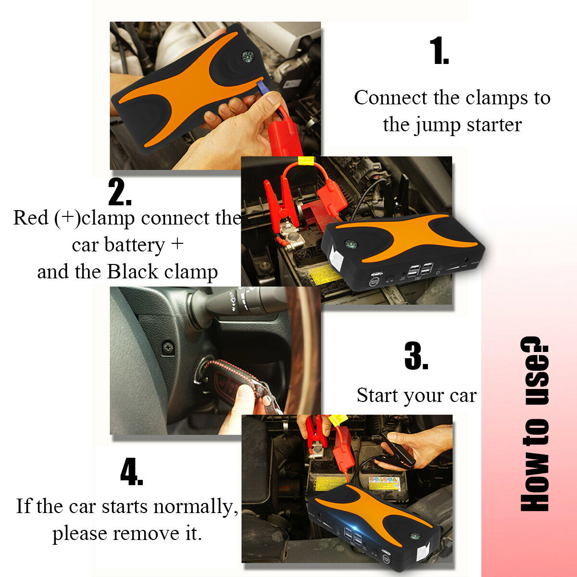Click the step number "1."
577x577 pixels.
point(439,52)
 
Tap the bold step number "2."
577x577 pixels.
point(120,192)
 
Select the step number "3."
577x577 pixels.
point(416,356)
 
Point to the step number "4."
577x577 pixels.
point(131,472)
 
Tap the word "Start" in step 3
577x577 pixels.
point(377,396)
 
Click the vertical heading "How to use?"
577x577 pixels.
point(534,423)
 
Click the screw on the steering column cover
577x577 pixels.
point(168,346)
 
